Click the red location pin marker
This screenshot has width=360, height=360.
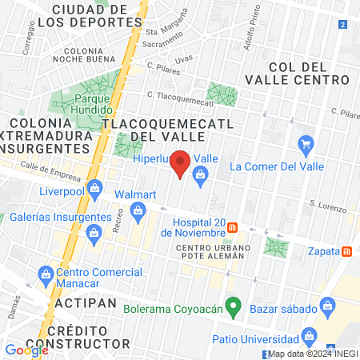[x=180, y=163]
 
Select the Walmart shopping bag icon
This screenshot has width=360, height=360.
[x=137, y=211]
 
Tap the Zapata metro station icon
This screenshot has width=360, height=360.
[x=346, y=250]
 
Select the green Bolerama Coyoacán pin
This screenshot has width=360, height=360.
[x=233, y=305]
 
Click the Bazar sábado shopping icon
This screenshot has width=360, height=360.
[x=326, y=305]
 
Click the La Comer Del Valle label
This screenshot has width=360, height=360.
[x=274, y=166]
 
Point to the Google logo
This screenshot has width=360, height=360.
[x=26, y=350]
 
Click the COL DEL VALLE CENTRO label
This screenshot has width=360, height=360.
[x=310, y=73]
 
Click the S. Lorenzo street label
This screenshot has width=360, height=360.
[x=325, y=205]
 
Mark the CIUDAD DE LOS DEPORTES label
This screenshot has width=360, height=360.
[x=89, y=15]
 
